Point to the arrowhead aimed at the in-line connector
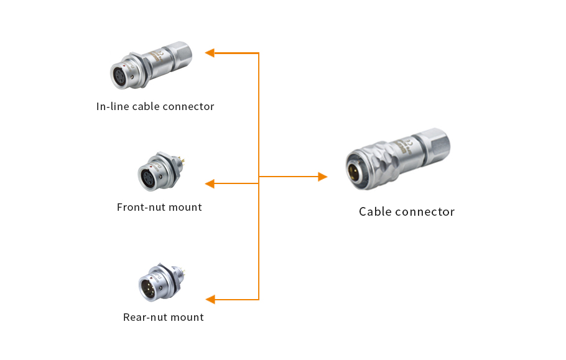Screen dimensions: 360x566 [x=210, y=53]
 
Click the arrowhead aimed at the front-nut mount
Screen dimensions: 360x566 [x=210, y=183]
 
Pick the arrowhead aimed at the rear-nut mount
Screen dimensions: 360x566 [x=210, y=299]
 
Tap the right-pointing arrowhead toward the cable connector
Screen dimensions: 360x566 [x=322, y=177]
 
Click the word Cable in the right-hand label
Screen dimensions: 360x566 [x=374, y=211]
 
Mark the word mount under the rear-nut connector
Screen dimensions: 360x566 [x=185, y=317]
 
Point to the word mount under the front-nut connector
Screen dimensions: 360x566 [x=183, y=207]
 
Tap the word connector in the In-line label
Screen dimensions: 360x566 [x=190, y=106]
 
